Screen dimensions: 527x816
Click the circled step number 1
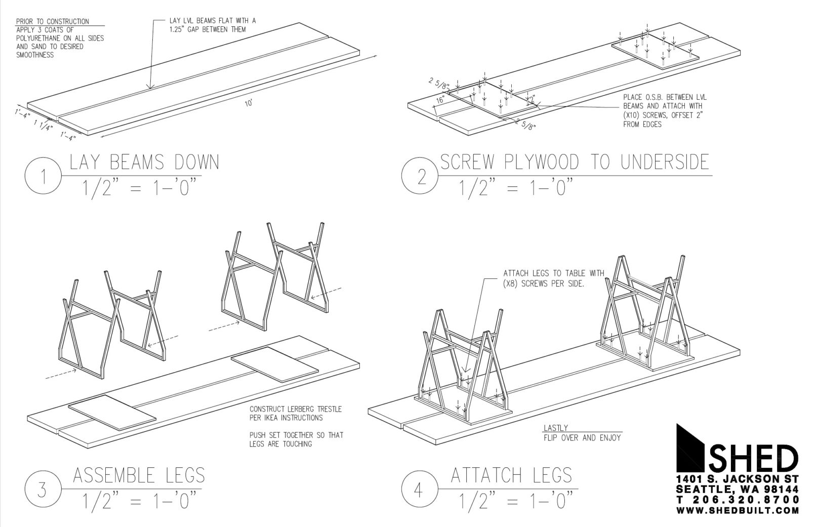[x=44, y=177]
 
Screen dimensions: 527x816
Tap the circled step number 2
[x=421, y=177]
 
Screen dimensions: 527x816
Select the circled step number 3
[x=44, y=490]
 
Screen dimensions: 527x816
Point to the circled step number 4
[x=421, y=490]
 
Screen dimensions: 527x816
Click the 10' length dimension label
[x=249, y=103]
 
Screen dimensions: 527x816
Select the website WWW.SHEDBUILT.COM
[x=738, y=510]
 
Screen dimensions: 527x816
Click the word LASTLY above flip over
[x=556, y=428]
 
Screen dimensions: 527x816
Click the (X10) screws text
[x=634, y=115]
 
